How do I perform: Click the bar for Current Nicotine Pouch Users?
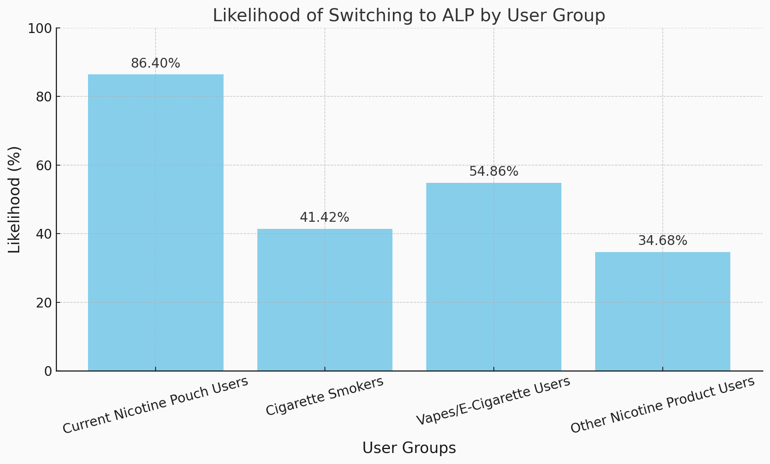point(156,223)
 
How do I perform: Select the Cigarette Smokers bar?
point(324,300)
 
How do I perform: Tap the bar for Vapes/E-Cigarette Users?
point(493,277)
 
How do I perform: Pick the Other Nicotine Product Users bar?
point(662,311)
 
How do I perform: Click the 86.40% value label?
point(156,63)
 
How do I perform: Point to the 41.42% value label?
point(324,217)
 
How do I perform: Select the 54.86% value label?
point(493,171)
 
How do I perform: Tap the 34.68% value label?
point(662,241)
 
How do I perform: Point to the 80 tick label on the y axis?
point(43,97)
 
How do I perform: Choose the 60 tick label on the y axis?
point(43,165)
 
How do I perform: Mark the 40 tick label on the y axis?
point(43,234)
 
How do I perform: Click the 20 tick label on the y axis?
point(43,302)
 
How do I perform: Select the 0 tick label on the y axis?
point(48,371)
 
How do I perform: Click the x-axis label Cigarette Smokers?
point(324,396)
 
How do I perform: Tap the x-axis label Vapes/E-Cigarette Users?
point(493,401)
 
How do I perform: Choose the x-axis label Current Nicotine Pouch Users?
point(156,405)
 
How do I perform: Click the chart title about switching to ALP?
point(409,16)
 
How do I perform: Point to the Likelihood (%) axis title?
point(15,199)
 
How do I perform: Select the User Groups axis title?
point(409,448)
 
